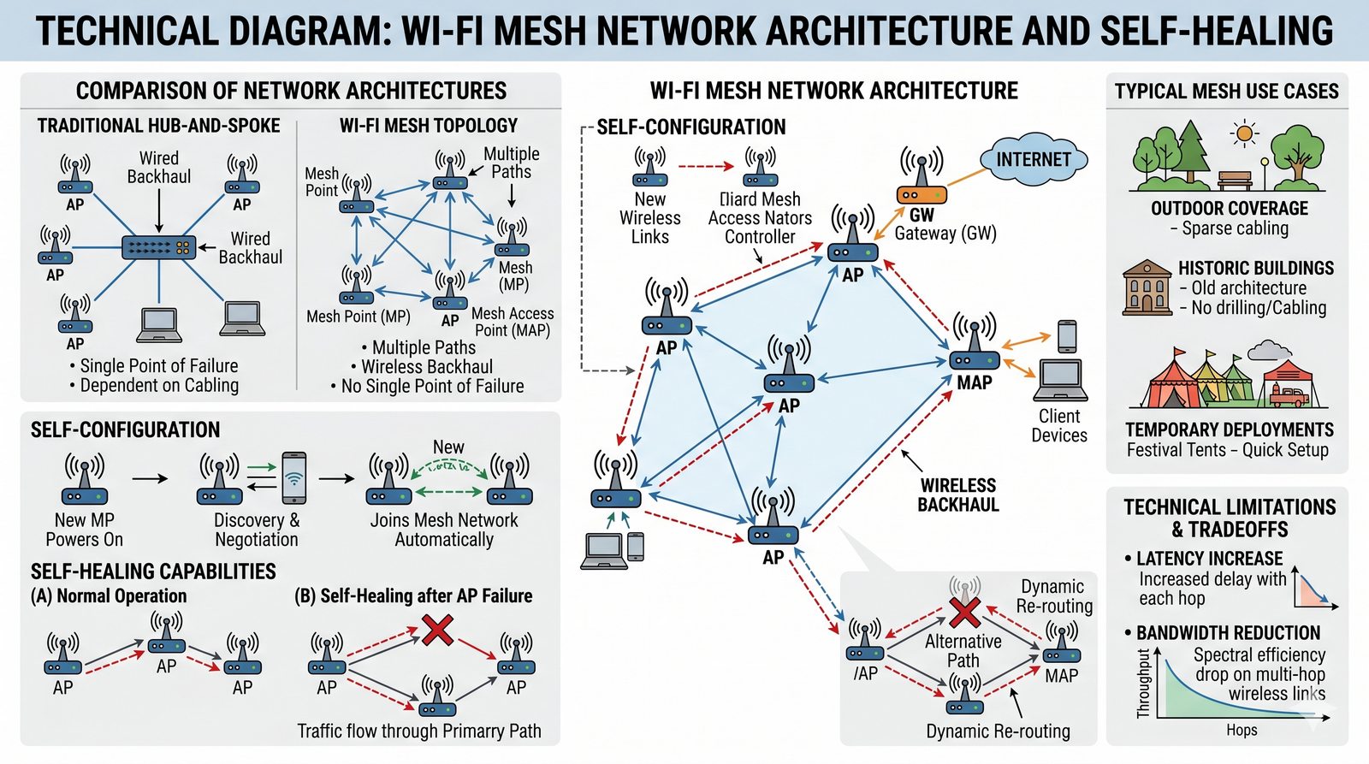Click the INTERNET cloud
(1033, 159)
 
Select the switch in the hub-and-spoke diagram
(159, 248)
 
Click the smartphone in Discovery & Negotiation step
(293, 477)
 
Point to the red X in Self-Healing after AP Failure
(438, 631)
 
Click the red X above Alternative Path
(964, 612)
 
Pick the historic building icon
(1147, 288)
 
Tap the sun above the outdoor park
(1244, 133)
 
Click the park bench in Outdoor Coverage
(1235, 181)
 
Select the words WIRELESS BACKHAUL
(958, 495)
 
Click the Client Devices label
(1059, 425)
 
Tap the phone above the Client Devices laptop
(1067, 336)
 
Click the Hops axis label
(1242, 730)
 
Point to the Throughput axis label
(1144, 684)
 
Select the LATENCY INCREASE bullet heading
(1209, 559)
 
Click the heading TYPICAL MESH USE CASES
(1226, 92)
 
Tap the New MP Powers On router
(85, 481)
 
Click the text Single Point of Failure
(159, 366)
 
